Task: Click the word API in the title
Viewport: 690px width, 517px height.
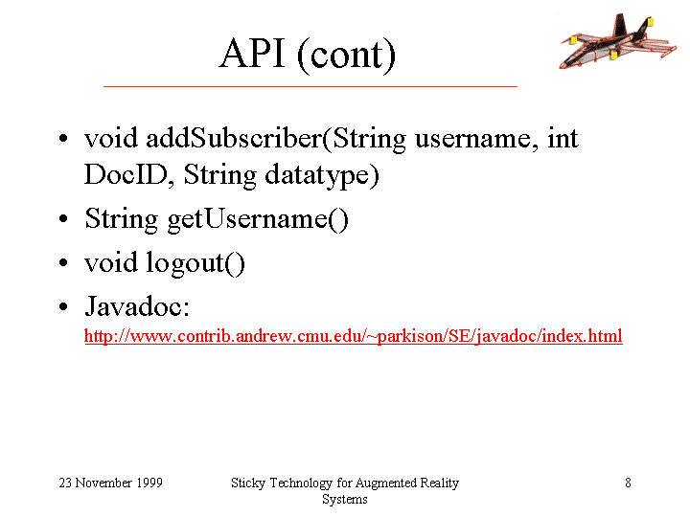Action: pyautogui.click(x=252, y=54)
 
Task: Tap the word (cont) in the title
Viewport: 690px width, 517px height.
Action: pyautogui.click(x=346, y=56)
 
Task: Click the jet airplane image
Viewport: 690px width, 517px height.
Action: pyautogui.click(x=617, y=41)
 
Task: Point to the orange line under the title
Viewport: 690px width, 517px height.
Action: pyautogui.click(x=310, y=86)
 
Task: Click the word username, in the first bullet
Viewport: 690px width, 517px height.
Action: pyautogui.click(x=476, y=140)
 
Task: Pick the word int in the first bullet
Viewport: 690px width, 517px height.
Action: pyautogui.click(x=563, y=138)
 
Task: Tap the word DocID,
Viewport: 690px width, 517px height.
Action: pyautogui.click(x=129, y=175)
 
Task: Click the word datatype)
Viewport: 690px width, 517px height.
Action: pyautogui.click(x=322, y=176)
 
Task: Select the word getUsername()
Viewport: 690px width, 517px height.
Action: pyautogui.click(x=258, y=220)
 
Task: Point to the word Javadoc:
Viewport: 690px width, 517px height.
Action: pyautogui.click(x=137, y=306)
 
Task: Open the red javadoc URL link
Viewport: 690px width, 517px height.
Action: pyautogui.click(x=354, y=337)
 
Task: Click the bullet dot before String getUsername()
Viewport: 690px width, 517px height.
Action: pyautogui.click(x=64, y=218)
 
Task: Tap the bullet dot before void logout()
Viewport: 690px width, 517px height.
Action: pyautogui.click(x=64, y=262)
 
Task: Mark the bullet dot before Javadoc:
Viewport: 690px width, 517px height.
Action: pyautogui.click(x=64, y=306)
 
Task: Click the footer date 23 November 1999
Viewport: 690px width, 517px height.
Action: pyautogui.click(x=111, y=483)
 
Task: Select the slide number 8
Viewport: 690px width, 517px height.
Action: pyautogui.click(x=628, y=483)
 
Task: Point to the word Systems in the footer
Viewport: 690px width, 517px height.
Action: pyautogui.click(x=345, y=500)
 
